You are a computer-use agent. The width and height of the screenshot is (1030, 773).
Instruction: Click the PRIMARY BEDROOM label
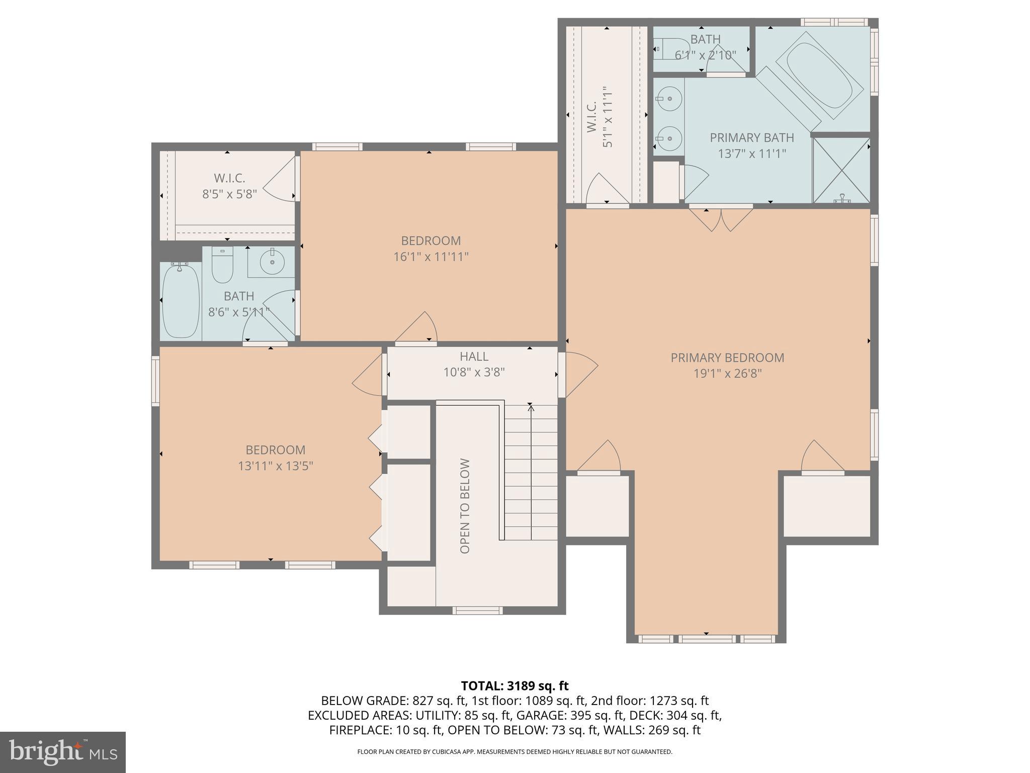point(727,358)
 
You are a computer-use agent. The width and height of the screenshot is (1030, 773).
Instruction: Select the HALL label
point(474,357)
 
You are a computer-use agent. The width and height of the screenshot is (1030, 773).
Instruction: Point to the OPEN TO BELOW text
point(465,506)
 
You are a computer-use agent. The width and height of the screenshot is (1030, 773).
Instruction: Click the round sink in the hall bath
point(272,262)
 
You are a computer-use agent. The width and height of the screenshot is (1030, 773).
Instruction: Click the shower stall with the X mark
point(841,170)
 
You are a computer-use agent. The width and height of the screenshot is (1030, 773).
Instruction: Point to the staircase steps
point(531,473)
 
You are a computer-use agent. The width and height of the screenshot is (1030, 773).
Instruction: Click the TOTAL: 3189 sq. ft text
point(514,686)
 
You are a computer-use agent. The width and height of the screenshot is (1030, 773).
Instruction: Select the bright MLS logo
point(63,752)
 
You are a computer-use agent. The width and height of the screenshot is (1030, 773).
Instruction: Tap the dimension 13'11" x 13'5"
point(276,466)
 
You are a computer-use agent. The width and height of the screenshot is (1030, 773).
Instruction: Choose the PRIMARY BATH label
point(751,138)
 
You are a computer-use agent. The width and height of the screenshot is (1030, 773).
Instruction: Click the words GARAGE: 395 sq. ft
point(569,715)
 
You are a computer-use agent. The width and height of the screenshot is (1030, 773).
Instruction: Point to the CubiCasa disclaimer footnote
point(514,752)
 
